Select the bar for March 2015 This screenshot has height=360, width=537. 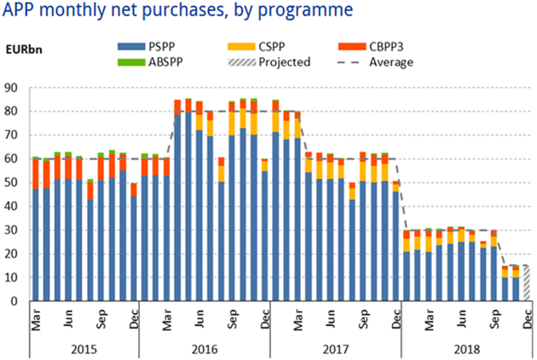pyautogui.click(x=36, y=230)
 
